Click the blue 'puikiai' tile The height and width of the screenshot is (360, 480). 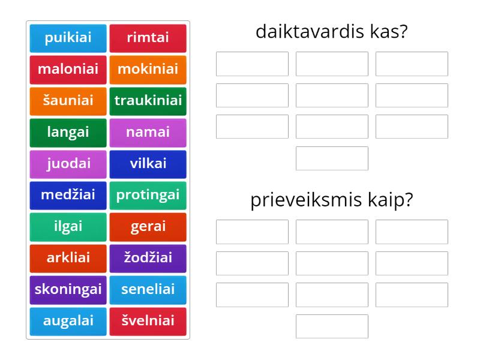[x=68, y=38]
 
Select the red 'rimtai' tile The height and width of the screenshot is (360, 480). [x=148, y=38]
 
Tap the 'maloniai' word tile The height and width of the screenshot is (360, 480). [x=68, y=69]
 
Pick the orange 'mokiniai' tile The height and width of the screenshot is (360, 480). [x=148, y=69]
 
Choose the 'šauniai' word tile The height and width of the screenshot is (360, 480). [x=68, y=101]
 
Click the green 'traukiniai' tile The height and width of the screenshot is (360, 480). [x=148, y=101]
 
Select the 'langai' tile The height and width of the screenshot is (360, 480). [x=68, y=132]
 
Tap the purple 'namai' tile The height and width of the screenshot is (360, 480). [x=148, y=132]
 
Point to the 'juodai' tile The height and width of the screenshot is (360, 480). [x=68, y=164]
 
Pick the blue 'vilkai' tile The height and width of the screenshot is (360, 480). [x=148, y=164]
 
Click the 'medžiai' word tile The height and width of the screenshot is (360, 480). [x=68, y=195]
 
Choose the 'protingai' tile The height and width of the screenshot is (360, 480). [x=148, y=195]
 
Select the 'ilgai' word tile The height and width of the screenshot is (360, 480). [x=68, y=227]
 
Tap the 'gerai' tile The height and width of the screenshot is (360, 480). [x=148, y=227]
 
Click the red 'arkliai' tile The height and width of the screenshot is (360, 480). [x=68, y=258]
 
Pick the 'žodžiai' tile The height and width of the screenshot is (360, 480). [x=148, y=258]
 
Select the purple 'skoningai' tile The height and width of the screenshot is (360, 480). [x=68, y=290]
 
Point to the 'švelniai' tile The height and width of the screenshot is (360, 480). [x=148, y=321]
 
